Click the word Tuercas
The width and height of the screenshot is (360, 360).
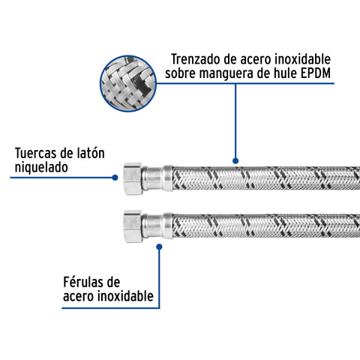pos(35,153)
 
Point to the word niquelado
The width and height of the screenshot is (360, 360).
pos(41,167)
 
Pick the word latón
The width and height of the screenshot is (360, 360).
pos(91,153)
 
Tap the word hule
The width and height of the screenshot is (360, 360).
pos(285,73)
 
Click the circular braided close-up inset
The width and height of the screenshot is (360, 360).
pos(128,83)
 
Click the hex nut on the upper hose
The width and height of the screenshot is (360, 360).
pos(133,178)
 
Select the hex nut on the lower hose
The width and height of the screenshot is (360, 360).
pos(133,226)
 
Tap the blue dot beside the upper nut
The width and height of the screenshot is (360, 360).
pos(115,178)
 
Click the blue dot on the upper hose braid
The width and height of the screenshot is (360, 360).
pos(235,160)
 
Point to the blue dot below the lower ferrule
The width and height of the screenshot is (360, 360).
pos(159,247)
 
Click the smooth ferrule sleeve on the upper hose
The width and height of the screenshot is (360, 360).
pos(157,178)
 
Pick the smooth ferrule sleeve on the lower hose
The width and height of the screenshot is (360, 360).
pos(157,226)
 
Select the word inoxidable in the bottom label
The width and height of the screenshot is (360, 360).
pos(125,296)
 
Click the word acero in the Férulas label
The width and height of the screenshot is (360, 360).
pos(79,297)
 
